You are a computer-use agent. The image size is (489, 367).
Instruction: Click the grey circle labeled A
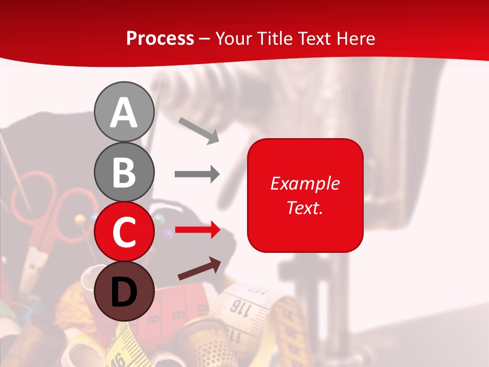click(124, 112)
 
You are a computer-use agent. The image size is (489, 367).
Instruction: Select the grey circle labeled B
click(124, 172)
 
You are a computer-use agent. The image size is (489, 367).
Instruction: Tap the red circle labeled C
click(124, 231)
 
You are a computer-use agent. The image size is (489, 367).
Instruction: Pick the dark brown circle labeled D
click(124, 291)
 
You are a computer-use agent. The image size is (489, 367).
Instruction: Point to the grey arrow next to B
click(197, 174)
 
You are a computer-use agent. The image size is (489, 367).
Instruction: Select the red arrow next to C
click(197, 230)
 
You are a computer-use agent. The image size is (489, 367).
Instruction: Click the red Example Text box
click(305, 195)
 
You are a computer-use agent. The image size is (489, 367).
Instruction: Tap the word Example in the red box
click(305, 183)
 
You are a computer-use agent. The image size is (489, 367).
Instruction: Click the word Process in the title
click(160, 38)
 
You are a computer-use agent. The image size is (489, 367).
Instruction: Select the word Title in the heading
click(275, 38)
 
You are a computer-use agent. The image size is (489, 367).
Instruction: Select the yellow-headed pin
click(80, 220)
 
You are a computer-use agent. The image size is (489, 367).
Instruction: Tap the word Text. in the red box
click(305, 207)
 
